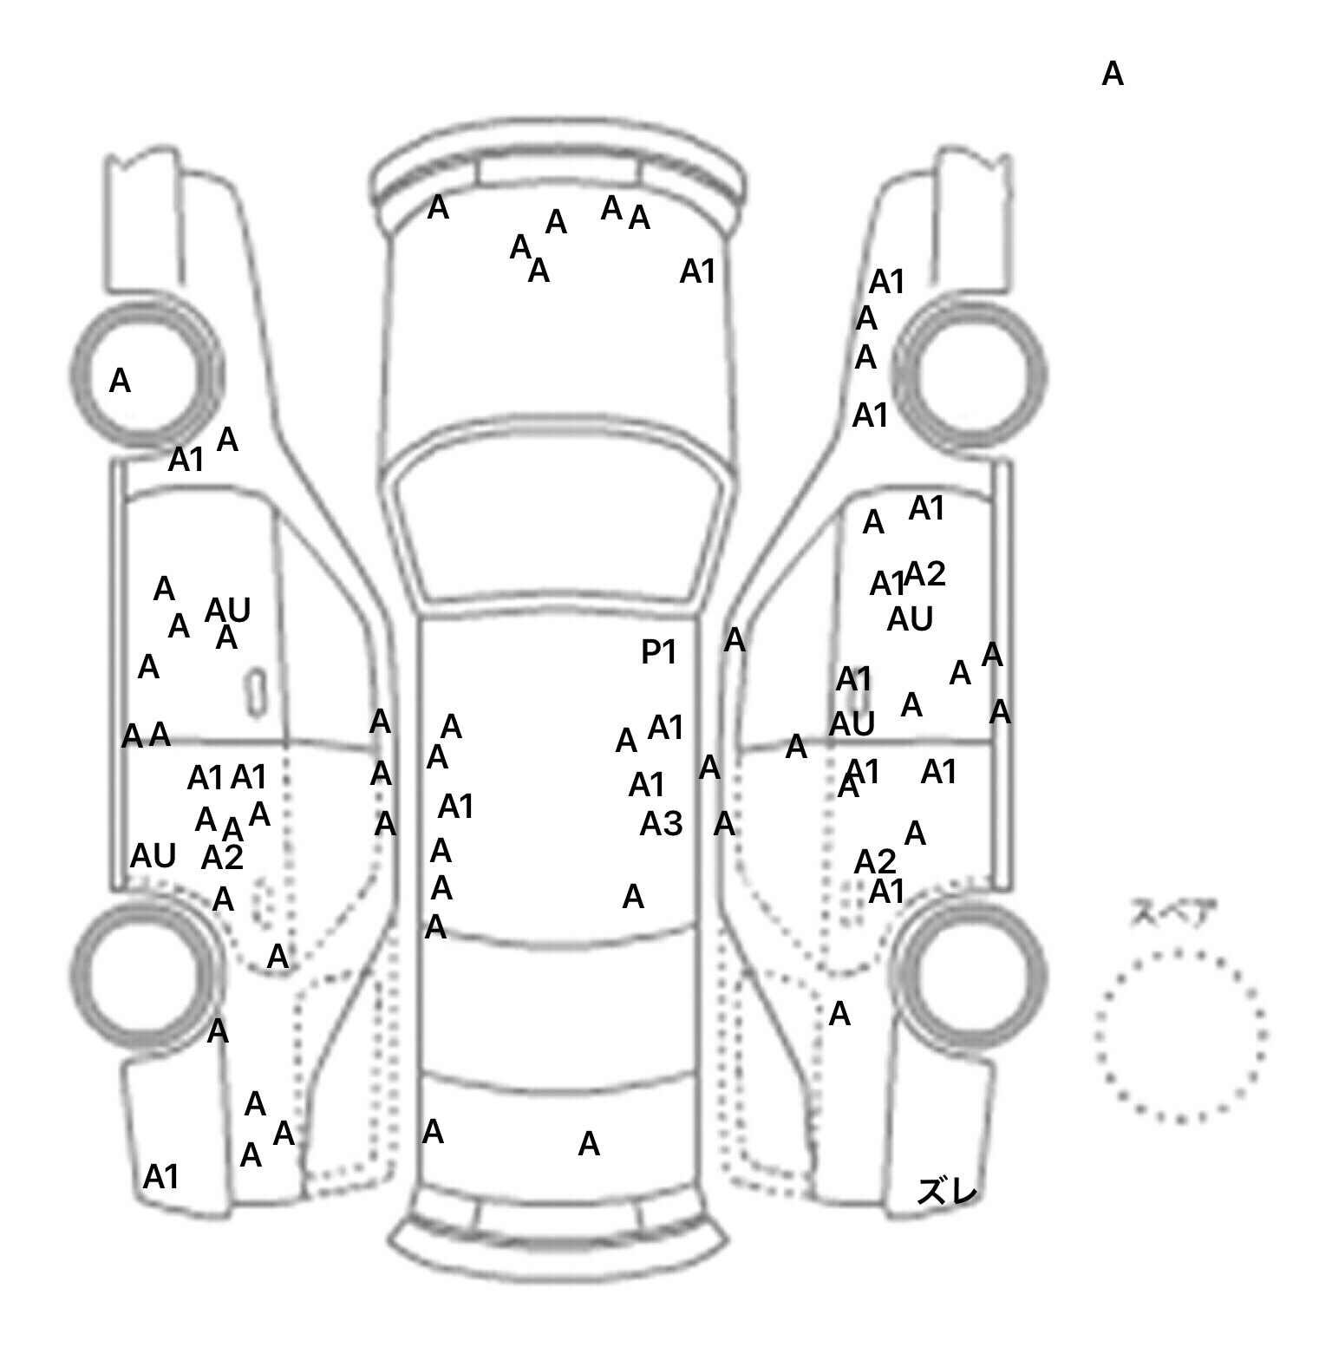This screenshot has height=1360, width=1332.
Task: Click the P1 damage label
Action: [657, 652]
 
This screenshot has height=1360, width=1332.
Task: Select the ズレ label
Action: [947, 1193]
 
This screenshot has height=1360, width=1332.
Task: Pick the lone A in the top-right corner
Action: [1113, 75]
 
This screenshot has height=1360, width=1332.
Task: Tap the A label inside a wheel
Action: [120, 381]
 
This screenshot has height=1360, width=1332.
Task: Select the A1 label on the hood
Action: [697, 272]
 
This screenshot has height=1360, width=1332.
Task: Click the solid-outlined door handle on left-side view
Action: [256, 692]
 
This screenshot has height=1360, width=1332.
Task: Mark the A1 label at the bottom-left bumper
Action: [160, 1177]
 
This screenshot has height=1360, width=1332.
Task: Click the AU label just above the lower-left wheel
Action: [153, 856]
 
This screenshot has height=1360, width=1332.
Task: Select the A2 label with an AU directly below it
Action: [924, 574]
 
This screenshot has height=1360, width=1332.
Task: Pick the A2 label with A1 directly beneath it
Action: [875, 862]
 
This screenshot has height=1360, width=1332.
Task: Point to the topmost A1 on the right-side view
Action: [886, 282]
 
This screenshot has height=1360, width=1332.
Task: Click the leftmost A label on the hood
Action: [438, 208]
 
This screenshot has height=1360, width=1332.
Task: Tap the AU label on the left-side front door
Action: [228, 611]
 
